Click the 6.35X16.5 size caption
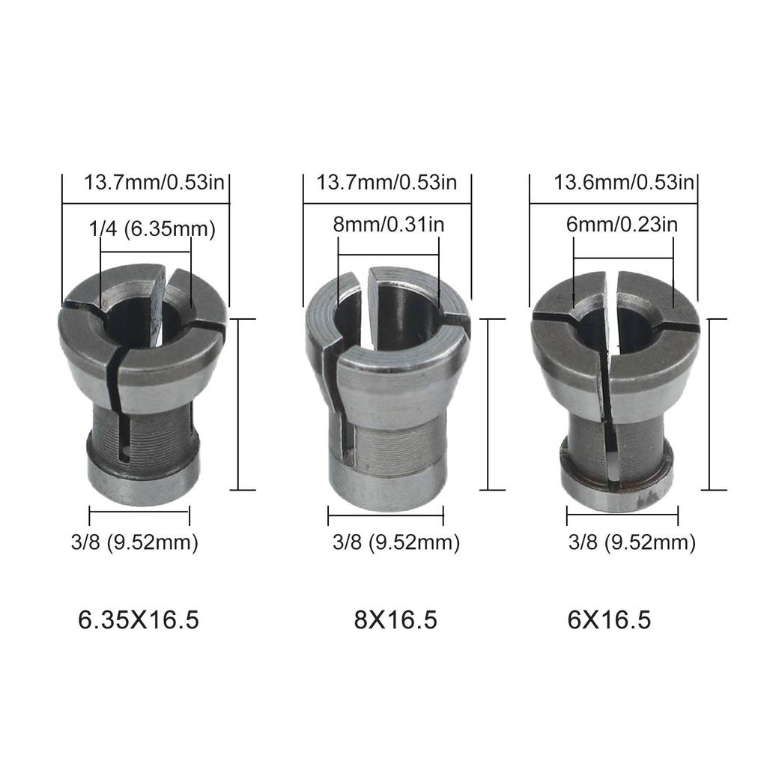tap(139, 620)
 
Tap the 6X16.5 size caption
tap(609, 620)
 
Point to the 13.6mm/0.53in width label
tap(624, 182)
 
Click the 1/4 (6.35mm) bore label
tap(152, 229)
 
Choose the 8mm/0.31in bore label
tap(390, 223)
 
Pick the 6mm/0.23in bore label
tap(623, 223)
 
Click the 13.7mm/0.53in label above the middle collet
tap(386, 182)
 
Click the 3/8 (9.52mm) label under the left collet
tap(135, 542)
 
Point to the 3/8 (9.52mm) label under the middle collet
tap(395, 542)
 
